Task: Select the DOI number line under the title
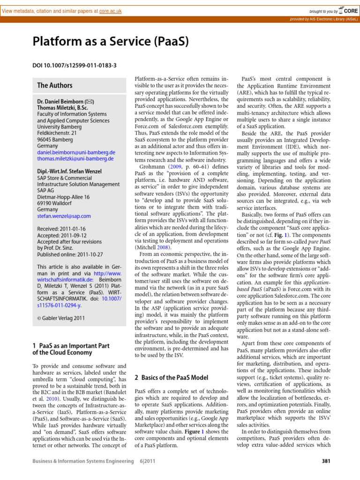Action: pyautogui.click(x=74, y=65)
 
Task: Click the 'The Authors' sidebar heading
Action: pyautogui.click(x=55, y=85)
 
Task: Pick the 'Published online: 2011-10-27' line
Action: pyautogui.click(x=70, y=255)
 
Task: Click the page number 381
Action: pyautogui.click(x=327, y=474)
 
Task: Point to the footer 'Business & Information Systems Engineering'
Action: pyautogui.click(x=82, y=474)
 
